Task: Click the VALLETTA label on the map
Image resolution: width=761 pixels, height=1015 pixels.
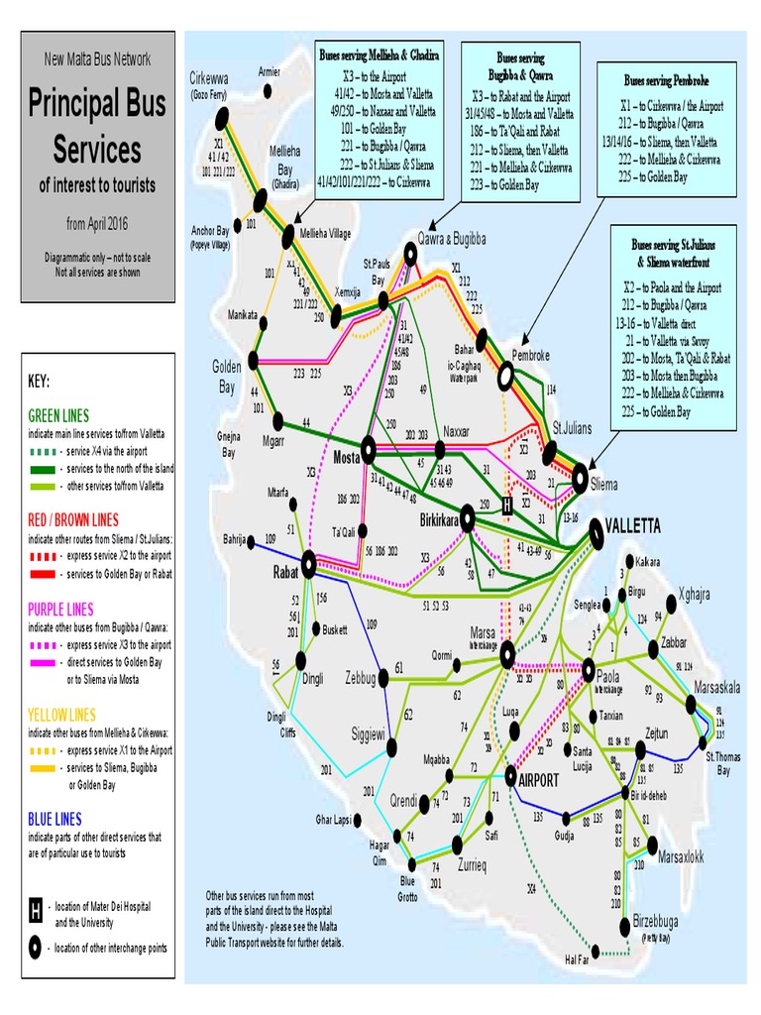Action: point(634,525)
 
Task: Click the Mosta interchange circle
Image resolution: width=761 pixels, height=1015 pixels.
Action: point(368,448)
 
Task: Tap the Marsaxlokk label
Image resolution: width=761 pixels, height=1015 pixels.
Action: point(681,854)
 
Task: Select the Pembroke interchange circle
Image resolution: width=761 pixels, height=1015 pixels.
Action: point(506,376)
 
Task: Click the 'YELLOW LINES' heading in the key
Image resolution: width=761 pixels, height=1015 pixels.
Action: point(62,715)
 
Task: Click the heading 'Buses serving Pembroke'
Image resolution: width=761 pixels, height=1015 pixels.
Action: point(666,78)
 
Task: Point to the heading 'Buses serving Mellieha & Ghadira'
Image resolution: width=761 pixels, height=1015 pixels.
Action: point(380,52)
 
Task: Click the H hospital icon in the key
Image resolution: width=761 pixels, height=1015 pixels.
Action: point(35,909)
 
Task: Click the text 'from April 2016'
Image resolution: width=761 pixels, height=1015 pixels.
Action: point(97,223)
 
